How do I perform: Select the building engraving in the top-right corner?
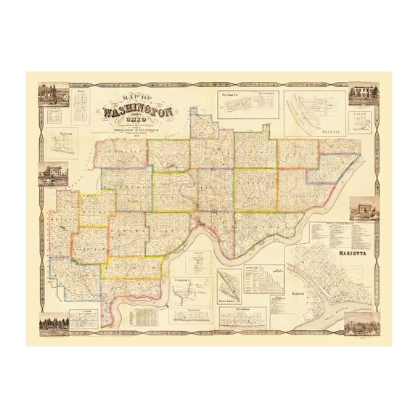tap(363, 94)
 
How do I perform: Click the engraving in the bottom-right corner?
tap(363, 325)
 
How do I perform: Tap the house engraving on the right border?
tap(363, 209)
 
